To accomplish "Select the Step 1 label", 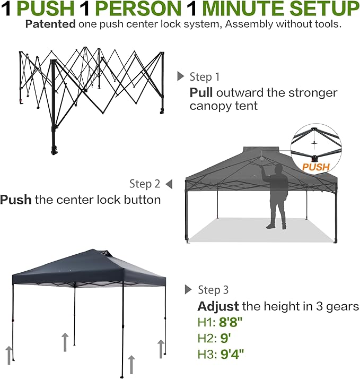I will pyautogui.click(x=204, y=77).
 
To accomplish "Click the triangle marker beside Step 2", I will pyautogui.click(x=169, y=184).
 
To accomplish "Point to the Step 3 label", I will pyautogui.click(x=213, y=290).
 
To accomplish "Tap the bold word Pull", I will pyautogui.click(x=201, y=93).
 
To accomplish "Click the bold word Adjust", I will pyautogui.click(x=218, y=306).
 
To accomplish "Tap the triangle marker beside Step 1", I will pyautogui.click(x=181, y=76).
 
